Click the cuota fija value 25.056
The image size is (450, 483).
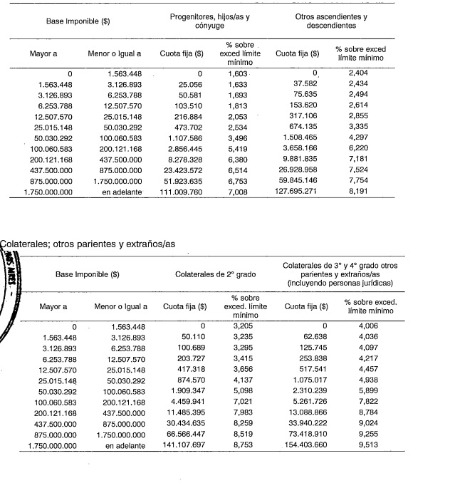pos(189,83)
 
